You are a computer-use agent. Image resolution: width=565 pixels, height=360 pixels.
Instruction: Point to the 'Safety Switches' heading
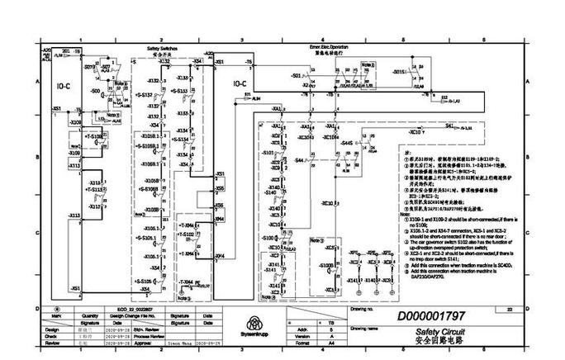(x=162, y=50)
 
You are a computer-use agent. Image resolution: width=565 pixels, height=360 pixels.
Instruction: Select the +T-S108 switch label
(x=93, y=135)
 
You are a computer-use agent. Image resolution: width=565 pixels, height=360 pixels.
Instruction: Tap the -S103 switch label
(x=268, y=154)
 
